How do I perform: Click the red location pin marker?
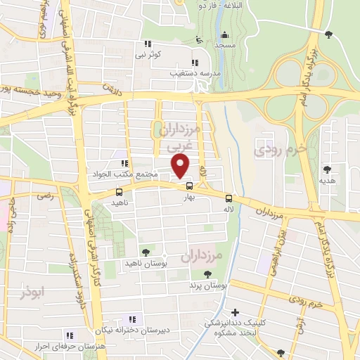click(181, 166)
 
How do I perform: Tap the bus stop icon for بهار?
click(189, 186)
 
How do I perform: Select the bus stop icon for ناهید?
click(119, 192)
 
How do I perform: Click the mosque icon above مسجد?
click(224, 35)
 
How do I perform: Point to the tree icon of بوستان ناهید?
click(146, 252)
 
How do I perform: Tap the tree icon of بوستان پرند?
click(207, 275)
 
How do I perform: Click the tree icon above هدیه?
click(328, 169)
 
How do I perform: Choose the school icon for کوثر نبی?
click(148, 44)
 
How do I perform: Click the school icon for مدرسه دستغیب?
click(195, 63)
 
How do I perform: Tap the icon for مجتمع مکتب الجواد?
click(124, 164)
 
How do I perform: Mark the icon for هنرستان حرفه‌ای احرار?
click(69, 335)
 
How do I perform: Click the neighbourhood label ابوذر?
click(32, 292)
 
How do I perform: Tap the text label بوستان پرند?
click(210, 286)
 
